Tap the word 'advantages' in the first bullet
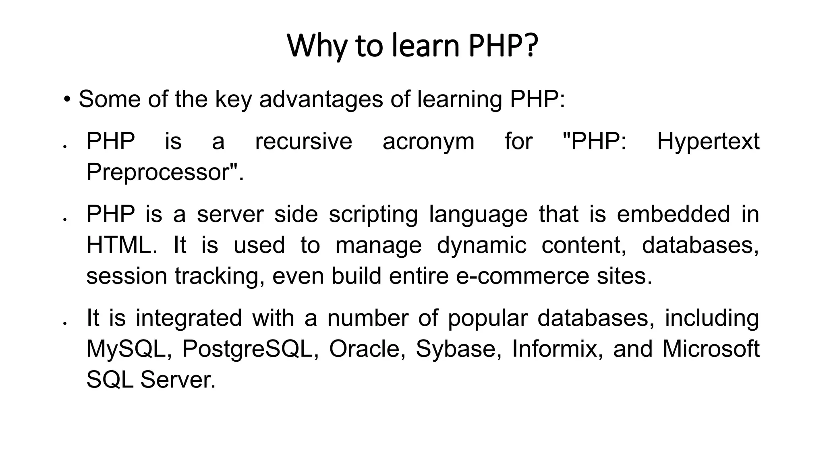(x=321, y=99)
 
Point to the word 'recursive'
(x=303, y=141)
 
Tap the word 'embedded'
(x=673, y=214)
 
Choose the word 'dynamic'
(x=481, y=246)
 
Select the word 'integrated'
(x=189, y=318)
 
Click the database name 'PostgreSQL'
(x=247, y=349)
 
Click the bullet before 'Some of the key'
(x=67, y=99)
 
